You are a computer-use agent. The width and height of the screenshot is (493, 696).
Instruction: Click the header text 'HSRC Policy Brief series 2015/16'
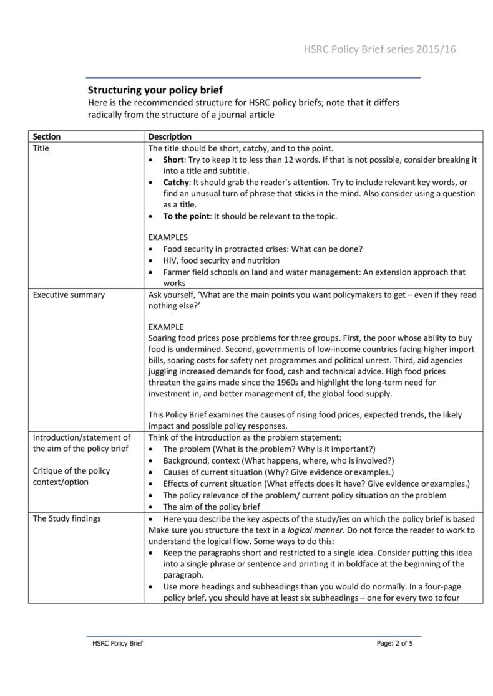[x=379, y=50]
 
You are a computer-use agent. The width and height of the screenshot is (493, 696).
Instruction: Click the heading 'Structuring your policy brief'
[x=155, y=90]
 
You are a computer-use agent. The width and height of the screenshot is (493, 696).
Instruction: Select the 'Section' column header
[x=47, y=136]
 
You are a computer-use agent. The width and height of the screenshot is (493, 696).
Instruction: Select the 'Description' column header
[x=170, y=136]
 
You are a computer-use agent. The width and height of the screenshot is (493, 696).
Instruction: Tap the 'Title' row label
[x=41, y=148]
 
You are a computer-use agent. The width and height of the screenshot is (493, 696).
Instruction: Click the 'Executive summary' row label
[x=69, y=295]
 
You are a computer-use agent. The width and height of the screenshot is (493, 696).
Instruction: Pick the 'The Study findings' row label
[x=67, y=518]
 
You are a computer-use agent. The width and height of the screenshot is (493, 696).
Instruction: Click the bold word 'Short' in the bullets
[x=174, y=160]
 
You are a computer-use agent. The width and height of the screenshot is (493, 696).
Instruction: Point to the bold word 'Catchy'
[x=176, y=182]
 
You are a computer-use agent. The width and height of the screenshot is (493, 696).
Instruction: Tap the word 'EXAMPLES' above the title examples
[x=168, y=237]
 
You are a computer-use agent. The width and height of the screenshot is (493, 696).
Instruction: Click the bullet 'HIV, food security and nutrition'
[x=221, y=260]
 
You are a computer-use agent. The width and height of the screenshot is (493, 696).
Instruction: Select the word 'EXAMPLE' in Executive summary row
[x=166, y=327]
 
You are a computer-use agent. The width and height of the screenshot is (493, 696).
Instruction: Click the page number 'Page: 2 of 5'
[x=395, y=643]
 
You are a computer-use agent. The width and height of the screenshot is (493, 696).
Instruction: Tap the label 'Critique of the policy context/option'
[x=71, y=476]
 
